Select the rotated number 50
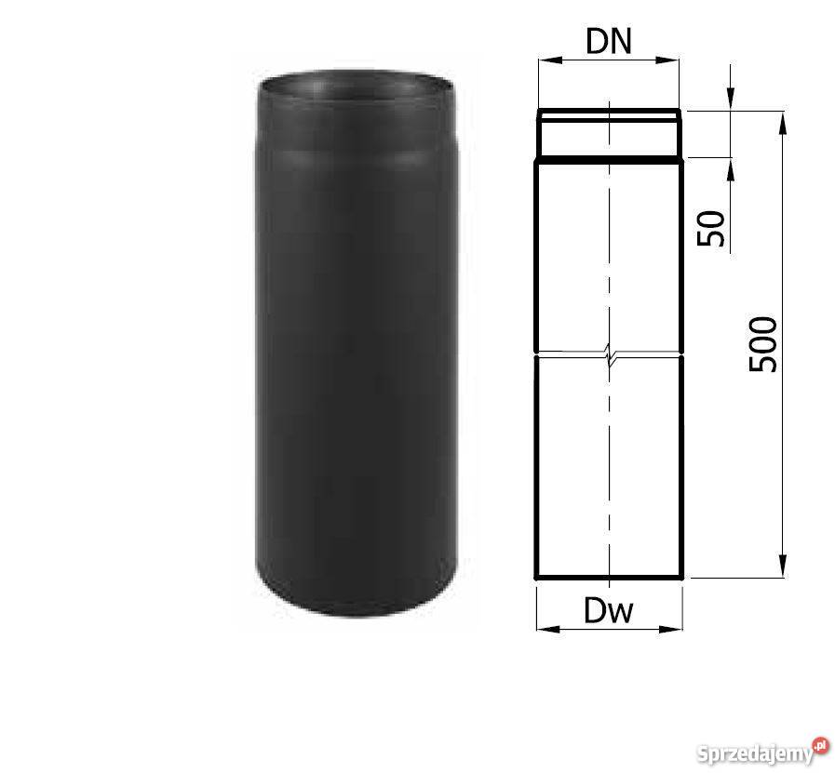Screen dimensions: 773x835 pos(711,228)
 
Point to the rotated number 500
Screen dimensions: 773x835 pos(762,344)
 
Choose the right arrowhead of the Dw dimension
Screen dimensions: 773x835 pos(676,630)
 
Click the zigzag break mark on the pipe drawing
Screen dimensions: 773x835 pos(609,354)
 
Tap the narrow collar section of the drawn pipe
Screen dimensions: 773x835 pos(609,137)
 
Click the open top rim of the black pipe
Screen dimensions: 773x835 pos(357,86)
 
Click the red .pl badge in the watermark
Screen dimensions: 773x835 pos(820,743)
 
